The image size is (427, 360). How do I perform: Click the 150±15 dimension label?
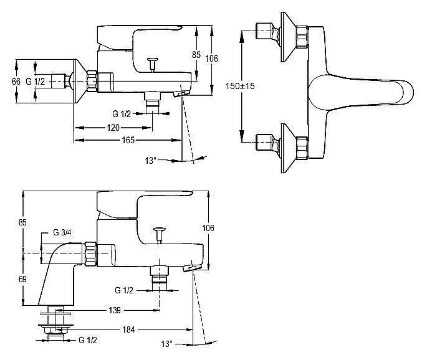click(240, 86)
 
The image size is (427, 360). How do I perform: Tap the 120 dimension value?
click(113, 127)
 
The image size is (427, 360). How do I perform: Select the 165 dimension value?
click(128, 140)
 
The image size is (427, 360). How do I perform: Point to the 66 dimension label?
click(16, 81)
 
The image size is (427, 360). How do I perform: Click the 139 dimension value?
click(115, 310)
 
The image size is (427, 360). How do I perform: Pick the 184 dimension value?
click(128, 330)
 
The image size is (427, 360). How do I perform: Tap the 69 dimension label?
click(22, 279)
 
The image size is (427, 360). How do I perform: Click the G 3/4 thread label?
click(62, 232)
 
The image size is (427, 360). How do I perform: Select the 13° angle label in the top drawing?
click(151, 161)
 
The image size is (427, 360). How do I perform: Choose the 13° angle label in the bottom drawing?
click(166, 344)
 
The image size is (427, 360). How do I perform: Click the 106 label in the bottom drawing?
click(208, 228)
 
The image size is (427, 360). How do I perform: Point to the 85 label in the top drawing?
click(196, 55)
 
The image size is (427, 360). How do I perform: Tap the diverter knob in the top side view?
click(153, 64)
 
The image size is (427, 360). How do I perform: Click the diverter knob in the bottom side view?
click(160, 235)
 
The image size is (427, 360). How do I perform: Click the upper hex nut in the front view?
click(302, 37)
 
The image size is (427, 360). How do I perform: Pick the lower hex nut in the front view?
click(302, 148)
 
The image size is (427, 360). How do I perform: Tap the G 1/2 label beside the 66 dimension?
click(35, 81)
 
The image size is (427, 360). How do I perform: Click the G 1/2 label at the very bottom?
click(88, 340)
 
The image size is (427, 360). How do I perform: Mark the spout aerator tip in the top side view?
click(181, 94)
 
